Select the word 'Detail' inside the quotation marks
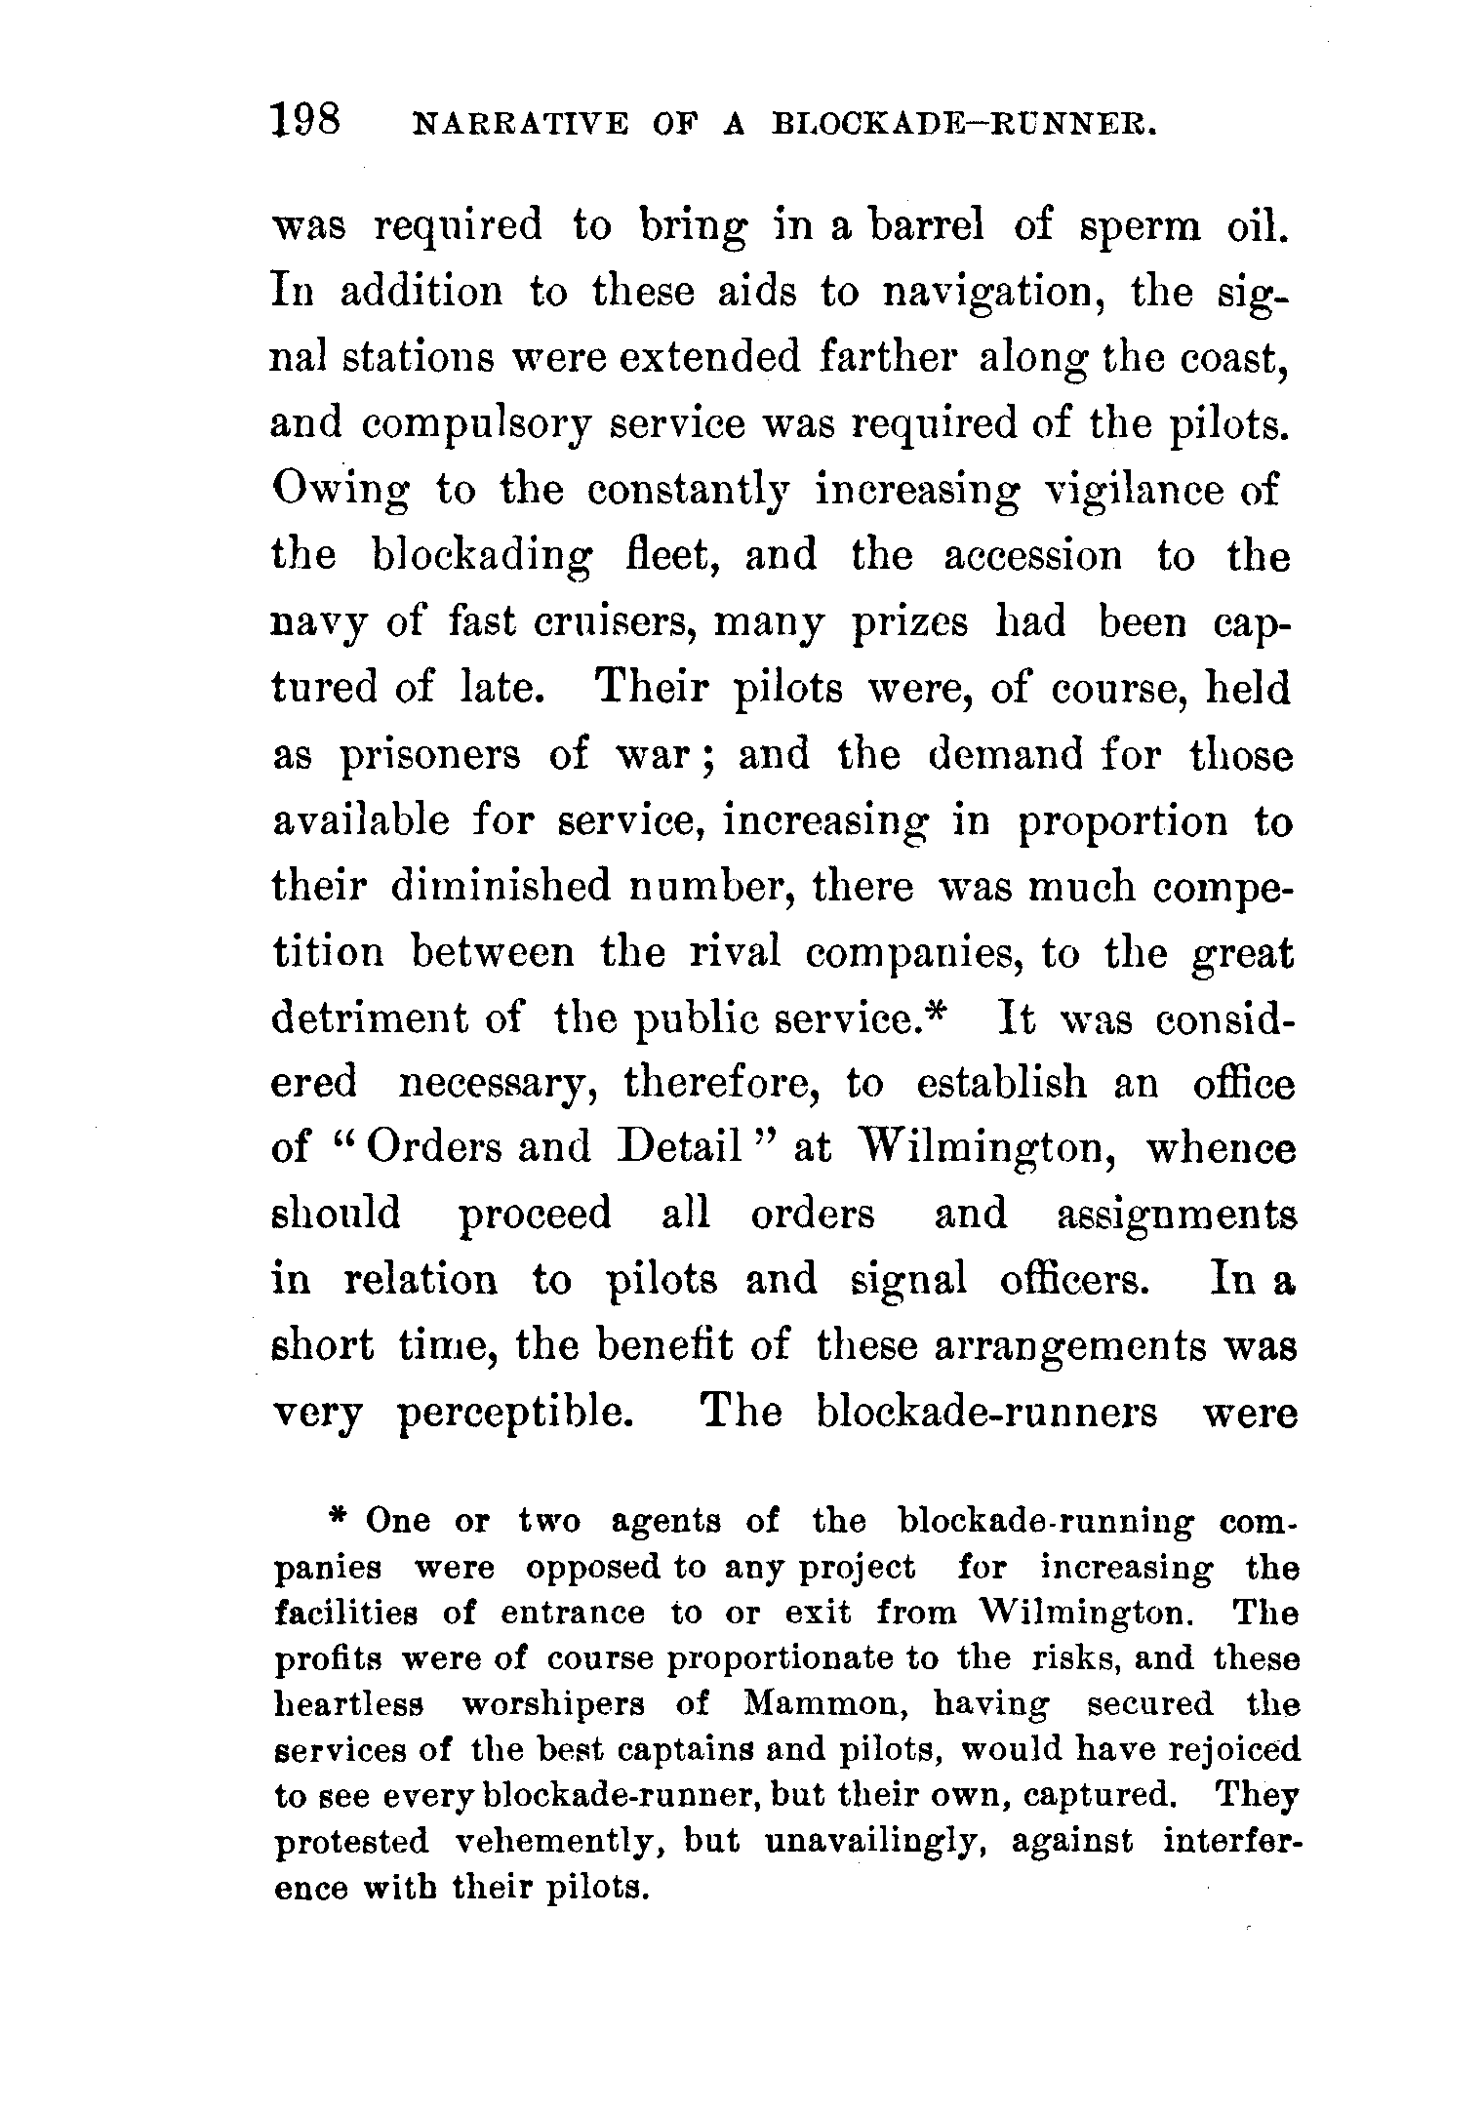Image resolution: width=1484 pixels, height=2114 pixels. (679, 1148)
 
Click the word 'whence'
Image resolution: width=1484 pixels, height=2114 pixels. (1220, 1148)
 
